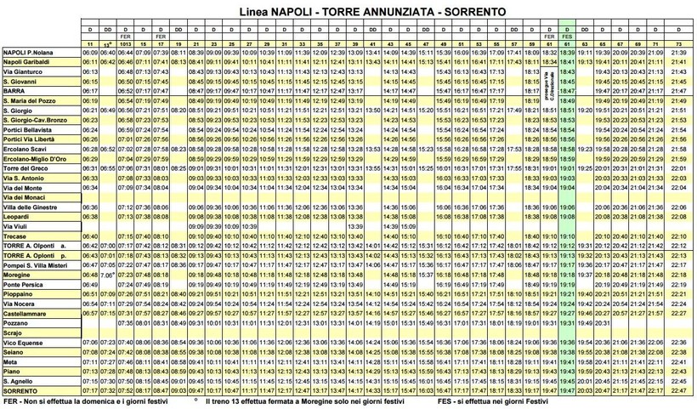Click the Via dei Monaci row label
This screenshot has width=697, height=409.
pyautogui.click(x=26, y=197)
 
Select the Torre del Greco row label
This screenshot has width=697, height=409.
pyautogui.click(x=29, y=168)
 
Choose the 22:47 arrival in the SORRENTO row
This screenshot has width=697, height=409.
pyautogui.click(x=677, y=391)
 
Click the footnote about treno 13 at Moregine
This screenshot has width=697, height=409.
pyautogui.click(x=293, y=401)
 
